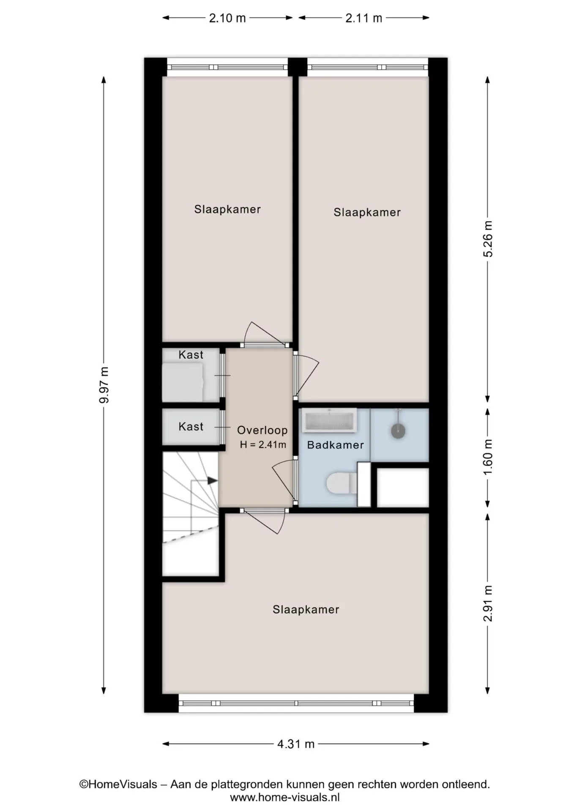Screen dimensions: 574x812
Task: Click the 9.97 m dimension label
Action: tap(104, 385)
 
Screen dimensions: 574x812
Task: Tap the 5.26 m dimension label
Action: tap(488, 239)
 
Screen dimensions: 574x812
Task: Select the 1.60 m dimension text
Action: tap(488, 457)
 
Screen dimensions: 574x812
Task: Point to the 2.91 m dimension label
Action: tap(488, 604)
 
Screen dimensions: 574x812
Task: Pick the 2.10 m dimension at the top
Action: tap(227, 18)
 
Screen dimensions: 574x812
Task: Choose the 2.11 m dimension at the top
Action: tap(364, 18)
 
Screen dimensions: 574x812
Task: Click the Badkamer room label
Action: tap(336, 445)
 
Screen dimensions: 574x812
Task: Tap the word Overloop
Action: tap(262, 430)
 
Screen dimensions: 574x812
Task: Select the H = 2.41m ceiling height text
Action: tap(263, 444)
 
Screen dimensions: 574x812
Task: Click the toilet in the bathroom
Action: tap(342, 483)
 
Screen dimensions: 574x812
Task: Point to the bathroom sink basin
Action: tap(330, 421)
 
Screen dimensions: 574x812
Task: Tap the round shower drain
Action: tap(398, 431)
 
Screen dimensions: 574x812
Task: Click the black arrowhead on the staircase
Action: tap(213, 480)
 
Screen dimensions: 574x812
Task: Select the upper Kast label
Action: tap(191, 355)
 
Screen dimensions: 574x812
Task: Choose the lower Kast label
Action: tap(191, 427)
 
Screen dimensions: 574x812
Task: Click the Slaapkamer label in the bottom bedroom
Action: tap(306, 609)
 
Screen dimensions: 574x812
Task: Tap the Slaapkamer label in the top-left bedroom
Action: tap(227, 209)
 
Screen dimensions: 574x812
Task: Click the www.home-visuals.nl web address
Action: tap(285, 797)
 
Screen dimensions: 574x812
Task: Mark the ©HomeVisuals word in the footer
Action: tap(118, 785)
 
